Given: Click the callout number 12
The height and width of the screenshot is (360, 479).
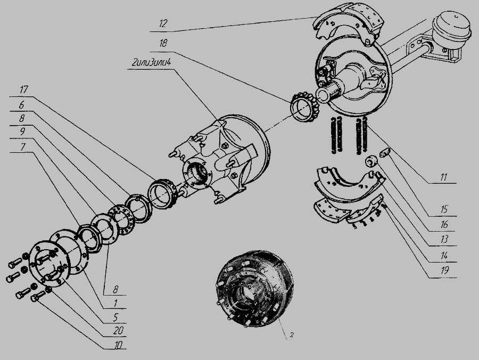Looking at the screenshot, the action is tap(163, 23).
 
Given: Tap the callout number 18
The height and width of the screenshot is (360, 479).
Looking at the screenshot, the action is tap(163, 43).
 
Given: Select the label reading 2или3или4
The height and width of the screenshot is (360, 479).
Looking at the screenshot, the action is tap(151, 63).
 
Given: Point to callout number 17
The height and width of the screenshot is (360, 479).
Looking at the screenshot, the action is tap(23, 89).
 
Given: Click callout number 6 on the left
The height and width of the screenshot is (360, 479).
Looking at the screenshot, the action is tap(21, 105).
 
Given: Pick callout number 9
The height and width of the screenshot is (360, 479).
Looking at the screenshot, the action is tap(22, 132).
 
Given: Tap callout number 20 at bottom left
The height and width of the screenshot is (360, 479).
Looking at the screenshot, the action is tap(118, 330).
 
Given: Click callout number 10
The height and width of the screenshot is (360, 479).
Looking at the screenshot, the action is tap(118, 345).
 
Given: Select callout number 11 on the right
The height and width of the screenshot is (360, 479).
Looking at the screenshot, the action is tap(443, 177).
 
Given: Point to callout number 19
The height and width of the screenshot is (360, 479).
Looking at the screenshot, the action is tap(444, 271).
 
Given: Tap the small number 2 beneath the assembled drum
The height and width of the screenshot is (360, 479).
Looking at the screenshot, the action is tap(292, 335).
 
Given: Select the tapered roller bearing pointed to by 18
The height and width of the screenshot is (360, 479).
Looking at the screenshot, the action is tap(304, 107).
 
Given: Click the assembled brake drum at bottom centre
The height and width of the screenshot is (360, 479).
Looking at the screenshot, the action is tap(254, 289).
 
